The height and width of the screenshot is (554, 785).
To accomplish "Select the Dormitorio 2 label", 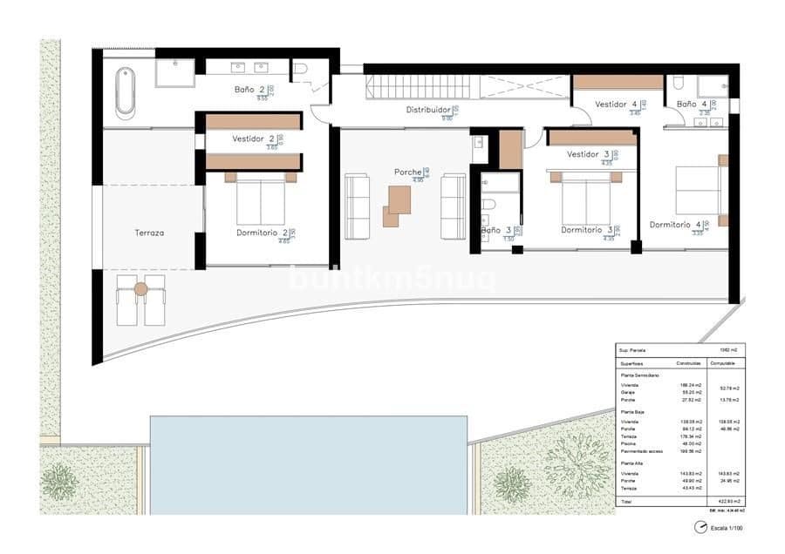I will point(262,233).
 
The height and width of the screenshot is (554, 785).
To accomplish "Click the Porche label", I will point(407,172).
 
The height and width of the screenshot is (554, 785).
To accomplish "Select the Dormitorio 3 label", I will point(586,231).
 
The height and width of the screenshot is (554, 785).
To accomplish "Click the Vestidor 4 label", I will point(616,105).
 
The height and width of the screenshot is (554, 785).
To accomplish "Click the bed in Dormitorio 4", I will point(699,189).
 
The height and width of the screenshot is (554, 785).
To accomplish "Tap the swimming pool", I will point(308,463).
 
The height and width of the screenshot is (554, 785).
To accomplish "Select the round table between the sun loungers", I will point(141,289).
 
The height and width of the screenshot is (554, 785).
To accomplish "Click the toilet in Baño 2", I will point(300,68).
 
